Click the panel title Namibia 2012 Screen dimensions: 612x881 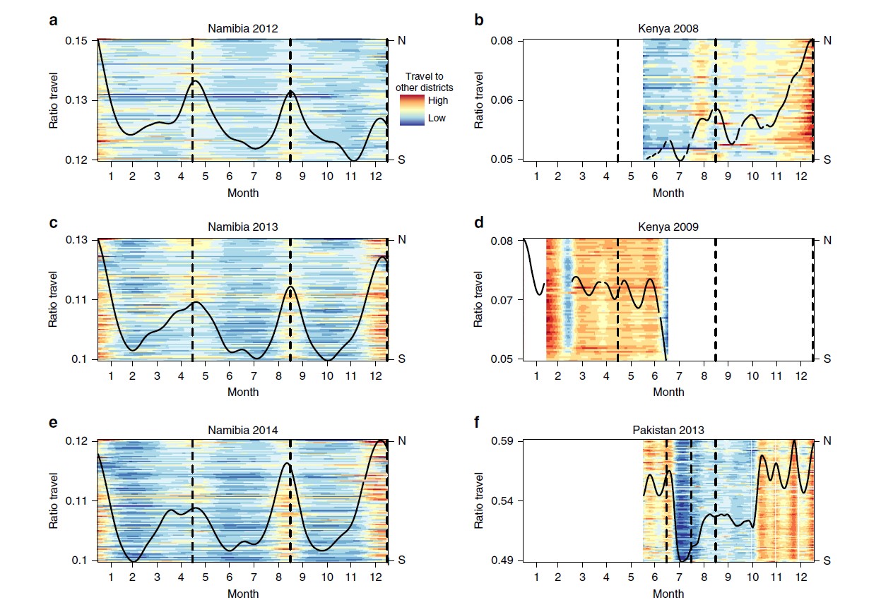[242, 29]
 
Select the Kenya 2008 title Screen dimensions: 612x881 [666, 29]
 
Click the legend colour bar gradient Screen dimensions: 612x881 [412, 109]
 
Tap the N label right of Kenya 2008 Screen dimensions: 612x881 [827, 41]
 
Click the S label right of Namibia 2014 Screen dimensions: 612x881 [402, 560]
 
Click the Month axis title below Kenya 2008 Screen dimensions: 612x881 [668, 193]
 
